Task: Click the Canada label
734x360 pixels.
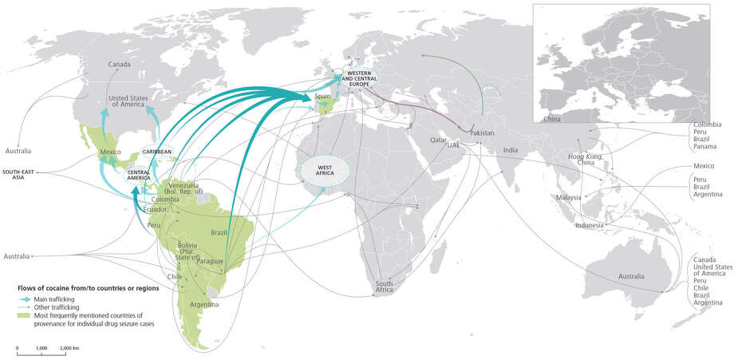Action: point(120,64)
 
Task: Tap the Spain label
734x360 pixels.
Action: point(323,97)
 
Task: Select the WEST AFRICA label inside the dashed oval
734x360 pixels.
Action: point(325,168)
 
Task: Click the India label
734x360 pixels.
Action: point(511,150)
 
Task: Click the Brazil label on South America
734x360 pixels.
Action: point(219,232)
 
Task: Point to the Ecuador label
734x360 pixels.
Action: point(154,209)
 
